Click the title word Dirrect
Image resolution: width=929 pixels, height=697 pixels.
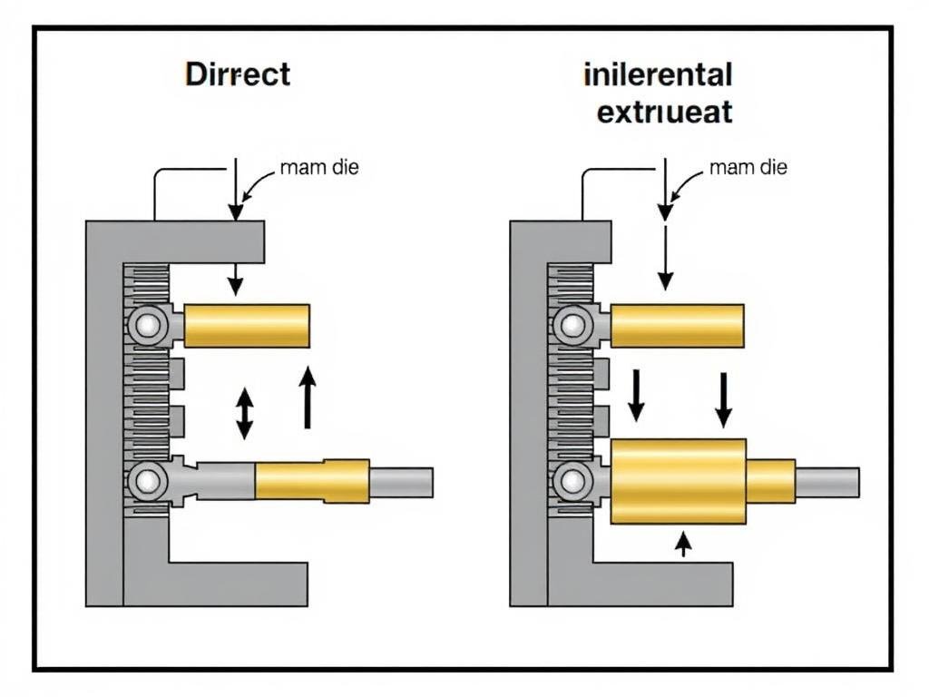click(238, 74)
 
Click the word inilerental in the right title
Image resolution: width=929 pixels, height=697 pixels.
click(659, 74)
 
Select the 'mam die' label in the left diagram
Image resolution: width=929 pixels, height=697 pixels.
click(319, 168)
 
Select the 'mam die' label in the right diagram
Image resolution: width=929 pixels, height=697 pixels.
click(748, 168)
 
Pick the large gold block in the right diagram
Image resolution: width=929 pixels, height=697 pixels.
click(678, 481)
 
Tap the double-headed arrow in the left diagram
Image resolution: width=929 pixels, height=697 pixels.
click(244, 414)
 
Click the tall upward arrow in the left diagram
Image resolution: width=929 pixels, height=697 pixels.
click(308, 397)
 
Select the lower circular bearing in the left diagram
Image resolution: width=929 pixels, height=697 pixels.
click(145, 481)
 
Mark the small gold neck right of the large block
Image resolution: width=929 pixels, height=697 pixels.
click(770, 481)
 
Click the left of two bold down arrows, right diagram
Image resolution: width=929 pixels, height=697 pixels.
click(636, 395)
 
